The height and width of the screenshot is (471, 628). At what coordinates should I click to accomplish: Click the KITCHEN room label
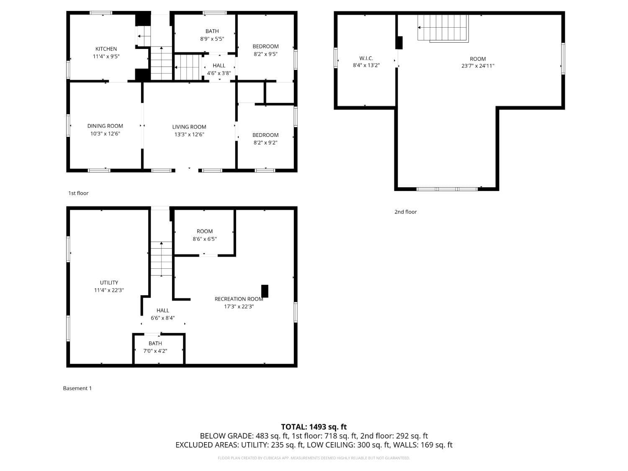pos(106,49)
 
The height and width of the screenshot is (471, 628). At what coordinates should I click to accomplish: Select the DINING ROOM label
pos(105,126)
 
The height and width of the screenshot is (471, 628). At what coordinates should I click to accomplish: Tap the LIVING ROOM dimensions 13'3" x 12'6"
pos(189,134)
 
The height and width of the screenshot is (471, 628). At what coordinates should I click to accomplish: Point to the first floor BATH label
pos(212,31)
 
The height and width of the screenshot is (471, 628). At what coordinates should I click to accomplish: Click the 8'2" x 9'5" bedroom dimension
pos(265,54)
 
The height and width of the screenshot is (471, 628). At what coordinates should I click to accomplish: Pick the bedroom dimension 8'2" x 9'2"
pos(265,143)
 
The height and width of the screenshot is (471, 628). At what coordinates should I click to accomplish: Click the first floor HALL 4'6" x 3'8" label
pos(219,69)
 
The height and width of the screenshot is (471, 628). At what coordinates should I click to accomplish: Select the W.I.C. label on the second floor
pos(366,58)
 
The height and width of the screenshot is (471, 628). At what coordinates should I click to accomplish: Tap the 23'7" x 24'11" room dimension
pos(478,66)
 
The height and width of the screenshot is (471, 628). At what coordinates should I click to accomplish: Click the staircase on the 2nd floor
pos(443,28)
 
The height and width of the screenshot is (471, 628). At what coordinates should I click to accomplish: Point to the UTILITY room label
pos(109,283)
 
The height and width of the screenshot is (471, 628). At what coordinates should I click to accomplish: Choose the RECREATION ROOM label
pos(239,299)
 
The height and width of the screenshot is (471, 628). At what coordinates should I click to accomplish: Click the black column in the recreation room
pos(265,291)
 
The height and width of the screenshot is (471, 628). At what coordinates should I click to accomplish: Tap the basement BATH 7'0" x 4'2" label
pos(155,347)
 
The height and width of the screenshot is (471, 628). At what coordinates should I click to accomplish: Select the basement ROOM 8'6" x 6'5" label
pos(205,235)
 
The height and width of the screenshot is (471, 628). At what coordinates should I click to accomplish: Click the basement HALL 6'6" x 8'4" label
pos(163,314)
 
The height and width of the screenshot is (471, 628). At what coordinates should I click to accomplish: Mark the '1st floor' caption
pos(78,193)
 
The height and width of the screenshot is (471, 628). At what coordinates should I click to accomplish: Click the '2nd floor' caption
pos(405,212)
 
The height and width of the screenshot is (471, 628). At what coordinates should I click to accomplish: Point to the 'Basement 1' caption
pos(77,388)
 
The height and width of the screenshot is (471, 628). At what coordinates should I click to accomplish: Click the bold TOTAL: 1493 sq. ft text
pos(314,427)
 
